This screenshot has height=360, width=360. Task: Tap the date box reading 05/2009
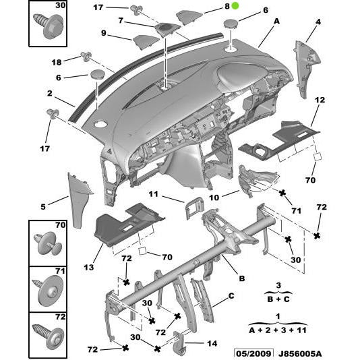[x=253, y=353]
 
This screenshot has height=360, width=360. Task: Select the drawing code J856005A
[x=300, y=353]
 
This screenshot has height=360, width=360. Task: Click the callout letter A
[x=276, y=21]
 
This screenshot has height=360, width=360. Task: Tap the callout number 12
[x=320, y=100]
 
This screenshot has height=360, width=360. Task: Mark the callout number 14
[x=212, y=344]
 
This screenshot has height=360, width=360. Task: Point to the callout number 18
[x=56, y=61]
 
